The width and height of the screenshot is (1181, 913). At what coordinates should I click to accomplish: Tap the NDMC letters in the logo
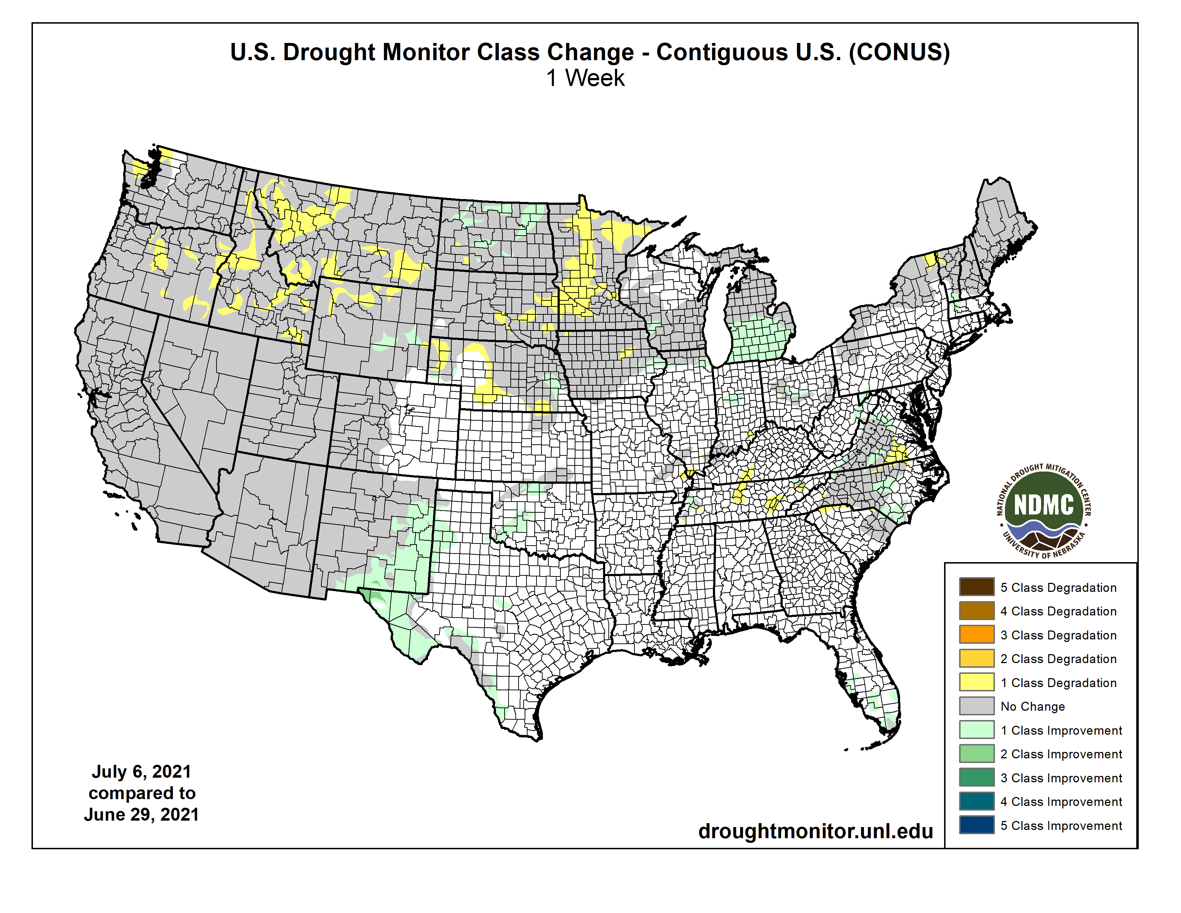pyautogui.click(x=1043, y=505)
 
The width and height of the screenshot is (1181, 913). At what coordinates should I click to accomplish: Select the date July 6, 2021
pyautogui.click(x=141, y=771)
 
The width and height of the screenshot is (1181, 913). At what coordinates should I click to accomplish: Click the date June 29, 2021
pyautogui.click(x=141, y=815)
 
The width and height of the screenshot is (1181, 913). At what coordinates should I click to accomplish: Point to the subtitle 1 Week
pyautogui.click(x=585, y=78)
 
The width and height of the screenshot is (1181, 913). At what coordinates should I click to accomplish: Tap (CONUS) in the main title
pyautogui.click(x=899, y=53)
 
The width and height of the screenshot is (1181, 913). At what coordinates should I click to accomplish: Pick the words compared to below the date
pyautogui.click(x=142, y=793)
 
